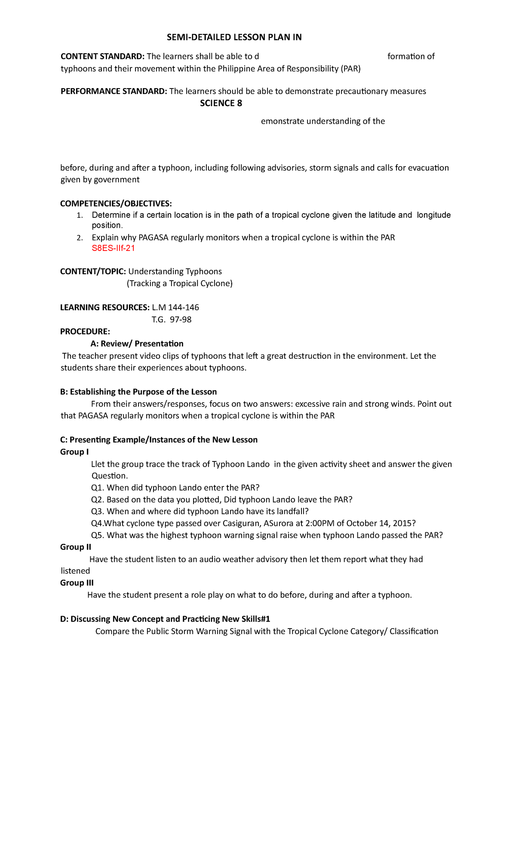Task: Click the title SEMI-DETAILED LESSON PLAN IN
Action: pyautogui.click(x=234, y=37)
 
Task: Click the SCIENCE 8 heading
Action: pyautogui.click(x=221, y=103)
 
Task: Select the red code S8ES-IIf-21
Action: pyautogui.click(x=114, y=248)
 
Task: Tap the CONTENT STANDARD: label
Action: pyautogui.click(x=103, y=56)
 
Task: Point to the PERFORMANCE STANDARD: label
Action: pyautogui.click(x=114, y=91)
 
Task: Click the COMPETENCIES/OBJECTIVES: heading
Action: pyautogui.click(x=116, y=203)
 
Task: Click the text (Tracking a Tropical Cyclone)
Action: pyautogui.click(x=179, y=283)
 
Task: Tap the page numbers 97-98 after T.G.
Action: pyautogui.click(x=181, y=319)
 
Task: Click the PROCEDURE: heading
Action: pyautogui.click(x=85, y=331)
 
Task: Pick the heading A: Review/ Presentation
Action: pyautogui.click(x=137, y=343)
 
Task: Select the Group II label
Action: pyautogui.click(x=76, y=547)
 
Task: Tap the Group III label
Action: pyautogui.click(x=77, y=583)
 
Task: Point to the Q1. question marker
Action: pyautogui.click(x=98, y=488)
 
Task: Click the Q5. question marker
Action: pyautogui.click(x=98, y=535)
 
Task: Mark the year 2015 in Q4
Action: pyautogui.click(x=403, y=523)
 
